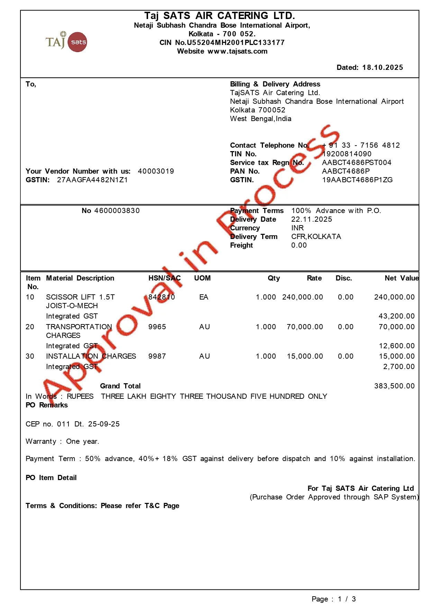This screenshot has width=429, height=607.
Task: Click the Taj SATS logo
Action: [66, 42]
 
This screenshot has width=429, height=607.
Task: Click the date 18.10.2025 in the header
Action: [382, 67]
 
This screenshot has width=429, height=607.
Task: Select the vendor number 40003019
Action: [156, 171]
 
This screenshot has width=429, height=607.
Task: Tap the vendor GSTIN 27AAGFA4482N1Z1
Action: [92, 180]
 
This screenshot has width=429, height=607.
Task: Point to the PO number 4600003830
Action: [117, 211]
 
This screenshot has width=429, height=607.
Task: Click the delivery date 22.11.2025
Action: [311, 219]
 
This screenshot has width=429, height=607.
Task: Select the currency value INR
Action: [298, 228]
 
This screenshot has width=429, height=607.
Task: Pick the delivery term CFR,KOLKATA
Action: [316, 237]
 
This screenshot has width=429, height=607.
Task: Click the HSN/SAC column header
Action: [164, 278]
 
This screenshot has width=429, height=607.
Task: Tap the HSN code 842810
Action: [162, 297]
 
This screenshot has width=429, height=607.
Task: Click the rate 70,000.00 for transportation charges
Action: [305, 327]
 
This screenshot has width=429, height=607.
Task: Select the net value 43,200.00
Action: [396, 316]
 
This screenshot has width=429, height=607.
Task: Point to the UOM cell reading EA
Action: [204, 297]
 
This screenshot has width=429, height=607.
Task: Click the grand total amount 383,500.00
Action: [394, 386]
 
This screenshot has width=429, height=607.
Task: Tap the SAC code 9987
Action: [157, 356]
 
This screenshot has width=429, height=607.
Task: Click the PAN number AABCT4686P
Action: [346, 171]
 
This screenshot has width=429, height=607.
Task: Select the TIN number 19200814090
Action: [347, 154]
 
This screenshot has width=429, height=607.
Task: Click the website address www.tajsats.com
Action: [237, 51]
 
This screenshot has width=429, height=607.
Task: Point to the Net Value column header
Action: [401, 278]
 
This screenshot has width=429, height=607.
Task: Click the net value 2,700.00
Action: [399, 367]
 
